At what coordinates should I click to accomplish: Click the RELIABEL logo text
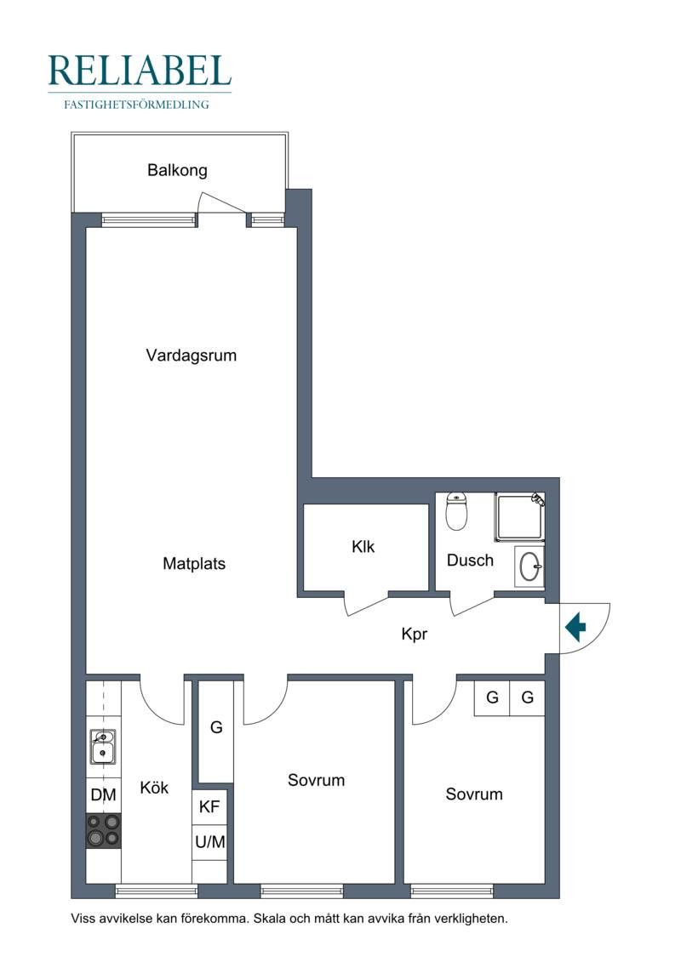140,71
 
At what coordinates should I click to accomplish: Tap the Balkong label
177,170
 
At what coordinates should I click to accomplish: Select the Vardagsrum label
191,356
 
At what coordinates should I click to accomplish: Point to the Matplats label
194,563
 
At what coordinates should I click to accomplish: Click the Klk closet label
363,546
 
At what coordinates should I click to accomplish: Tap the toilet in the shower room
456,510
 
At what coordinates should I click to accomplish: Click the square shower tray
520,516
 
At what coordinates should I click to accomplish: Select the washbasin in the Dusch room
529,566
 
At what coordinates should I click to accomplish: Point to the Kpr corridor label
414,634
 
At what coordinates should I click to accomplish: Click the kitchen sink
102,747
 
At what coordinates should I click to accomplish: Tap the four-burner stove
103,831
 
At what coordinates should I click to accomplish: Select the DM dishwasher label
103,795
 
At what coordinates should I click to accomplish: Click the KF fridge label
209,806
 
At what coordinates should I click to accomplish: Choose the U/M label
210,842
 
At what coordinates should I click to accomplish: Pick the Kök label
154,787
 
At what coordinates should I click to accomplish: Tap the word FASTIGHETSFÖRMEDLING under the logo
136,105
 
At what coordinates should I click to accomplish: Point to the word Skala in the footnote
271,919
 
